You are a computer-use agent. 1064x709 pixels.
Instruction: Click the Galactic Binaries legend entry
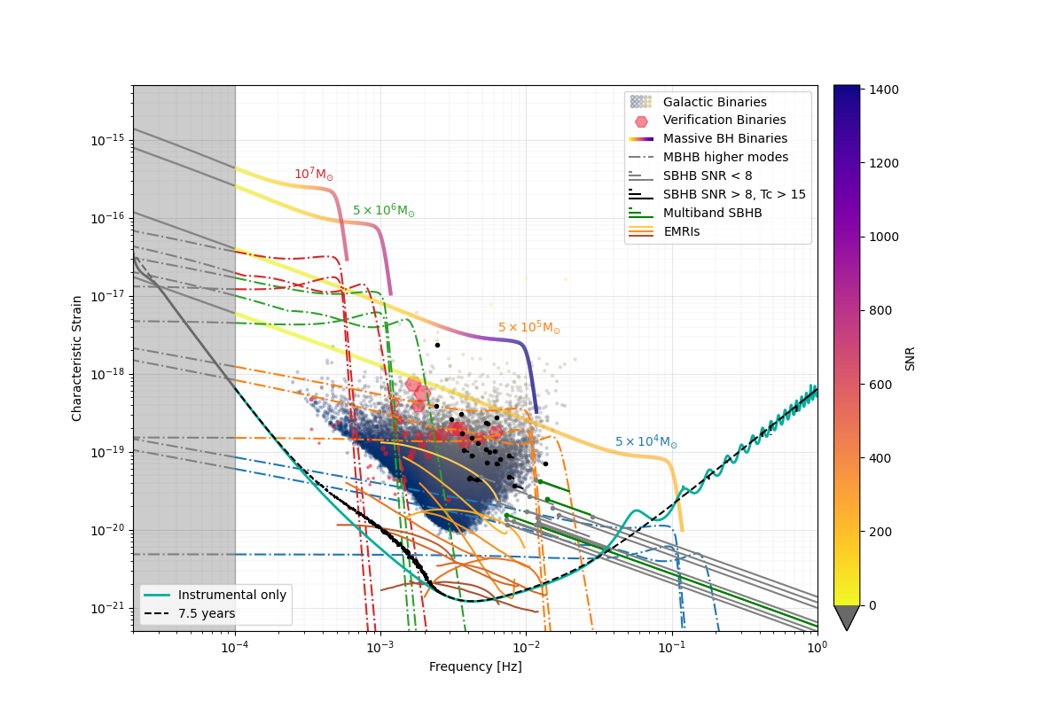point(715,102)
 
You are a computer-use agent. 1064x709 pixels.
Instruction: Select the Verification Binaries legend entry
point(724,121)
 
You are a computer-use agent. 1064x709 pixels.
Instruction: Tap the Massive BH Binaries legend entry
point(725,138)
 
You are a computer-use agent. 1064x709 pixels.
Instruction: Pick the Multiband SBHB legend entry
point(712,213)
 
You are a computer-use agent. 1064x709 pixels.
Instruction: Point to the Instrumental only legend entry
point(232,595)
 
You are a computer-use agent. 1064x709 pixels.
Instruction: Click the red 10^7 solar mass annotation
point(314,175)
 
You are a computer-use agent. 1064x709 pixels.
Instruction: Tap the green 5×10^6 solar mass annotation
point(383,211)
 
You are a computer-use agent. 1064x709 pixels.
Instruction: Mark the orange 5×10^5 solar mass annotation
point(528,328)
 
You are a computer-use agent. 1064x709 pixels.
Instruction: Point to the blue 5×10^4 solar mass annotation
point(645,442)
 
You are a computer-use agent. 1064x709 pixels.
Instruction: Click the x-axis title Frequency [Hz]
point(475,666)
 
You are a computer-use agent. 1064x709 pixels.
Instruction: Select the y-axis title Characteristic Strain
point(77,358)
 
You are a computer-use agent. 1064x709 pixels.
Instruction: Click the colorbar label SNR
point(910,358)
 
